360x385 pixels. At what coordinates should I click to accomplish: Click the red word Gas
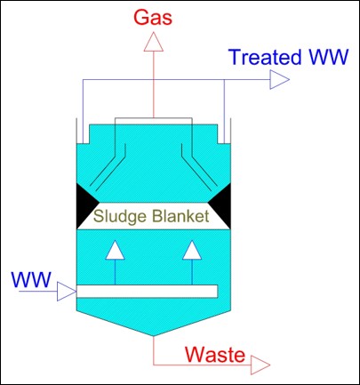153,17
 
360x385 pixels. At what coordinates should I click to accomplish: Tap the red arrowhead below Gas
154,42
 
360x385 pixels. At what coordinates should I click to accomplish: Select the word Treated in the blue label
265,57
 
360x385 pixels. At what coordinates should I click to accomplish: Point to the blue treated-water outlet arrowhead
279,79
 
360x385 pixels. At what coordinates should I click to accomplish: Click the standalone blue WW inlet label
31,279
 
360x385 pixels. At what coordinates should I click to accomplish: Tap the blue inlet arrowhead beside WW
67,292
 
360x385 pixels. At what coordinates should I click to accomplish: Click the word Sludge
120,216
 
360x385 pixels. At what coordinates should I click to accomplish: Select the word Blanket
180,216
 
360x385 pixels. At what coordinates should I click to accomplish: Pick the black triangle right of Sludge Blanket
222,205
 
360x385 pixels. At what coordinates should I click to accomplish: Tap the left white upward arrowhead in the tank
115,250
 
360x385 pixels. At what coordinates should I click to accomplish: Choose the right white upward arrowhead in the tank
192,250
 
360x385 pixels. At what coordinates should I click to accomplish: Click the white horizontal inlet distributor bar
148,291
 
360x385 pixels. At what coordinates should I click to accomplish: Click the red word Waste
215,354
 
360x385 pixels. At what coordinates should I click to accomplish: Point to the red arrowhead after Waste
260,365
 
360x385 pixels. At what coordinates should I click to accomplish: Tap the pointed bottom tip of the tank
154,336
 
